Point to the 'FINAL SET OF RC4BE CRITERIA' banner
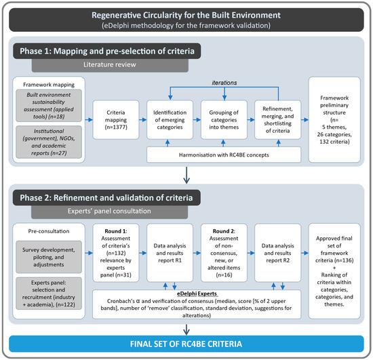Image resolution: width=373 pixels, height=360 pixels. [186, 345]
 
